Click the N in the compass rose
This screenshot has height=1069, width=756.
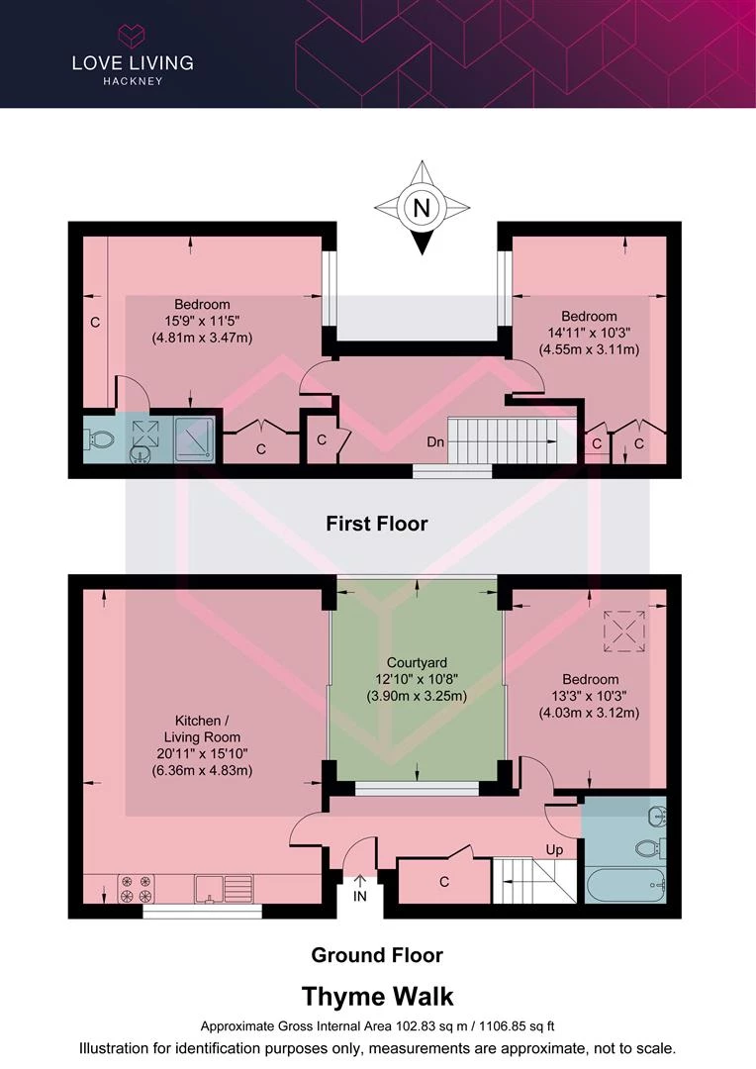point(422,207)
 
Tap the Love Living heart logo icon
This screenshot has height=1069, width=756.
point(132,37)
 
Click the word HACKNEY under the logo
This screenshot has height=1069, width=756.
point(133,81)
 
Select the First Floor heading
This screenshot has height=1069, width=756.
point(377,524)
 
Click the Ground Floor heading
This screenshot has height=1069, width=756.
point(377,955)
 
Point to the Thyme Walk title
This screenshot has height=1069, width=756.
point(377,997)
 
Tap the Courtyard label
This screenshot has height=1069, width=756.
point(417,662)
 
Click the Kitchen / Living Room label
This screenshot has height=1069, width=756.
point(202,729)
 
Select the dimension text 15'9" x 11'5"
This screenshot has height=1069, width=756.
point(202,321)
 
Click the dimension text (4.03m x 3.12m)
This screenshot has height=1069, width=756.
point(590,713)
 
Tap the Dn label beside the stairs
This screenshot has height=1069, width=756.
point(435,441)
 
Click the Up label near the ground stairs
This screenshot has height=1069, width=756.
point(554,850)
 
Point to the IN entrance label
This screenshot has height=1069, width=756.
point(360,897)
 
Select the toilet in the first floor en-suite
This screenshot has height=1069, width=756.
point(98,440)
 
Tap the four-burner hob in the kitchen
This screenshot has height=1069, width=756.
point(136,889)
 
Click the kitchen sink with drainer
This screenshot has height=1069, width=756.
point(224,888)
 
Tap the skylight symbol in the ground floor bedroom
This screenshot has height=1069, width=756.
point(623,632)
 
